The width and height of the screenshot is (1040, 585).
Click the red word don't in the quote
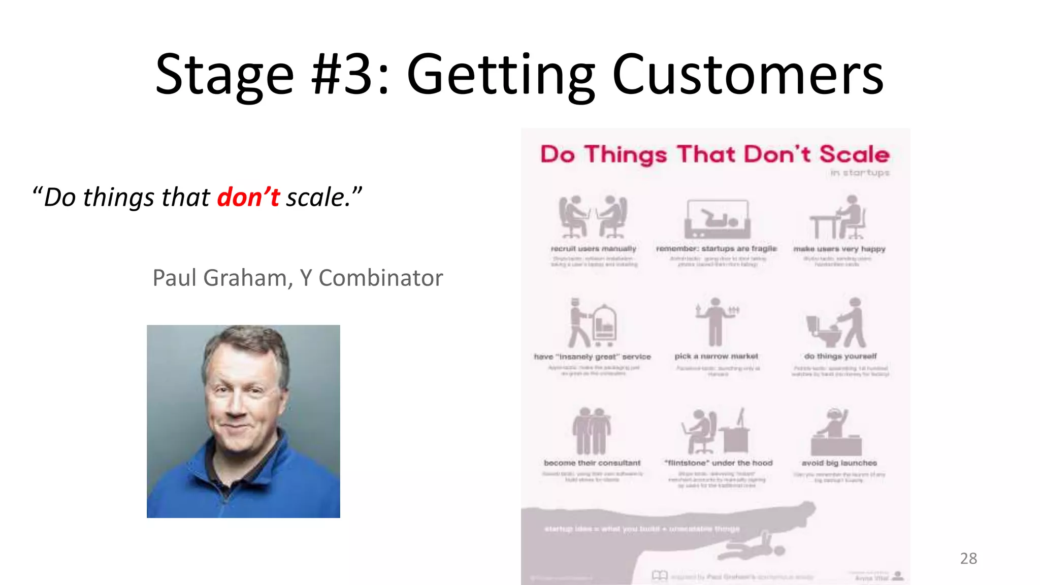click(x=248, y=197)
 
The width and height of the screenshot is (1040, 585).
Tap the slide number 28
click(x=968, y=558)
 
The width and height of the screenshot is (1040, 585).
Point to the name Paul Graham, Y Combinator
click(x=298, y=278)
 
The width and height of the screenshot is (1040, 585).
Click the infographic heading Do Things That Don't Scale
click(x=714, y=154)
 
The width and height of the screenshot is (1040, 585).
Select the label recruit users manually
click(x=593, y=249)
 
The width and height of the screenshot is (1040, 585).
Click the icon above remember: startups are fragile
click(x=717, y=219)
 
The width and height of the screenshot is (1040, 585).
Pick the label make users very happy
click(x=839, y=249)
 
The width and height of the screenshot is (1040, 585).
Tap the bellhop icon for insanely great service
click(x=592, y=323)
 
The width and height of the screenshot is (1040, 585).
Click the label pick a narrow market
click(x=716, y=356)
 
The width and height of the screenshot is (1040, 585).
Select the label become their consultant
click(x=592, y=463)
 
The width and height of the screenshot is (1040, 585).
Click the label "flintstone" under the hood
click(x=719, y=463)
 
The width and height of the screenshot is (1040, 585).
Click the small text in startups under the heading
click(x=860, y=173)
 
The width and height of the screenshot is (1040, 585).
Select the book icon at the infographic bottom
click(x=660, y=575)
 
